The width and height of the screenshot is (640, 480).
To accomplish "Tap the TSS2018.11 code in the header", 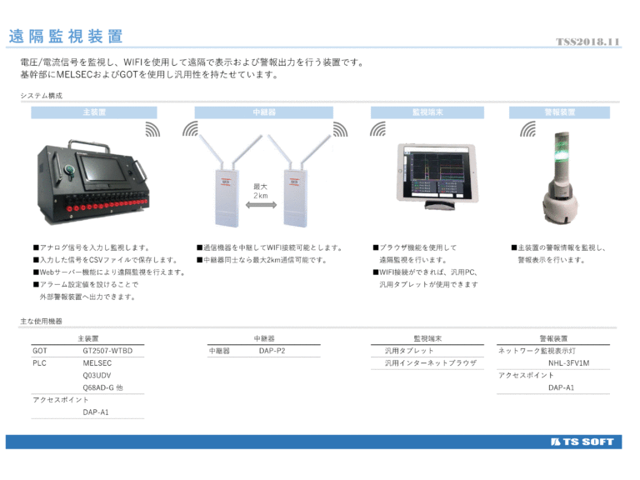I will click(x=587, y=42).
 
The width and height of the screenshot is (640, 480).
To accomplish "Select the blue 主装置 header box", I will click(x=94, y=112).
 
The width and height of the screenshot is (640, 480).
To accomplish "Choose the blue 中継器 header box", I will click(x=264, y=112).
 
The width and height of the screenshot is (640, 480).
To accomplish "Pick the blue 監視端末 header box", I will click(x=427, y=112).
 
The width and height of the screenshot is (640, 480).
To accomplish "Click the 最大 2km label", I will click(x=261, y=191).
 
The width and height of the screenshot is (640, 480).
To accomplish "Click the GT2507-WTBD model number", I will click(x=107, y=351).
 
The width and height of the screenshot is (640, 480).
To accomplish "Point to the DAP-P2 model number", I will click(x=272, y=351).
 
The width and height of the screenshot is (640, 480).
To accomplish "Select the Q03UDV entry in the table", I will click(x=97, y=376).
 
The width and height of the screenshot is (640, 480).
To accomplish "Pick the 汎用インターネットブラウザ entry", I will click(x=430, y=363).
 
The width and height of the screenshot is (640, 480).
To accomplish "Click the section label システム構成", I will click(x=42, y=96).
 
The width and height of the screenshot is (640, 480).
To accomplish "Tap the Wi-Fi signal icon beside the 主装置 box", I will click(x=152, y=129).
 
